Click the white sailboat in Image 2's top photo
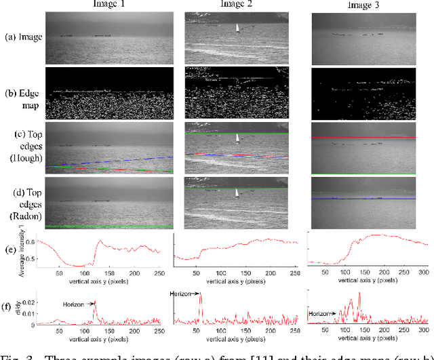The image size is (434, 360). point(237,28)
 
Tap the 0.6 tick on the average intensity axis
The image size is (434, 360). point(31,241)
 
